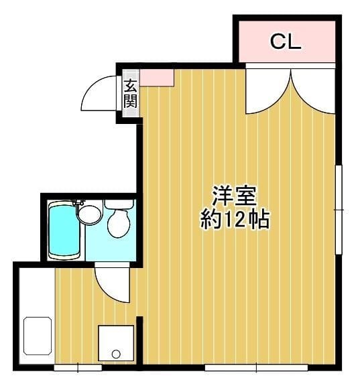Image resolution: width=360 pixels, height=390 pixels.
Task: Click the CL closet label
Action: [x=286, y=42]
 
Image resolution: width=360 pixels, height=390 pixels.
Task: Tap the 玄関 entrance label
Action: [x=130, y=94]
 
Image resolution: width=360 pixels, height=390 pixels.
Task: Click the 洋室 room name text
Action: [x=234, y=196]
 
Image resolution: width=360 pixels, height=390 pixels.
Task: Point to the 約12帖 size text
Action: [x=235, y=219]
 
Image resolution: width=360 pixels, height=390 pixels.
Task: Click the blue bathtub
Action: [x=64, y=230]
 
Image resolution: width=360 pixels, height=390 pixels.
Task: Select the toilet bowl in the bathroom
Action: [x=119, y=223]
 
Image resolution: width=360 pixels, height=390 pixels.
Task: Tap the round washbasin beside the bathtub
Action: [x=90, y=214]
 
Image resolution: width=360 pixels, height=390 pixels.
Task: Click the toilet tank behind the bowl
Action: [x=119, y=204]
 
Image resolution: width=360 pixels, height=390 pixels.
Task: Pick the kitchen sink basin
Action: [x=38, y=336]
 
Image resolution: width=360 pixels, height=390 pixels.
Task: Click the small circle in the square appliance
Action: [x=116, y=354]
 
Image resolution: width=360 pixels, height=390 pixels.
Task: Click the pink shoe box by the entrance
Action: [x=157, y=78]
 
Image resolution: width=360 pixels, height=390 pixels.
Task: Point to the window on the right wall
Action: [x=339, y=209]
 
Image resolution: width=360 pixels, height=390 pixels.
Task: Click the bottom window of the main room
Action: [x=256, y=368]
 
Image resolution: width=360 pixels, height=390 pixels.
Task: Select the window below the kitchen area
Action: [x=78, y=368]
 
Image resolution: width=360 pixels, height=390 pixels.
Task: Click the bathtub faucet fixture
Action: [x=78, y=202]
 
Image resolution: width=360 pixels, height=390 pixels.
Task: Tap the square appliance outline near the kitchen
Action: [x=116, y=343]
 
